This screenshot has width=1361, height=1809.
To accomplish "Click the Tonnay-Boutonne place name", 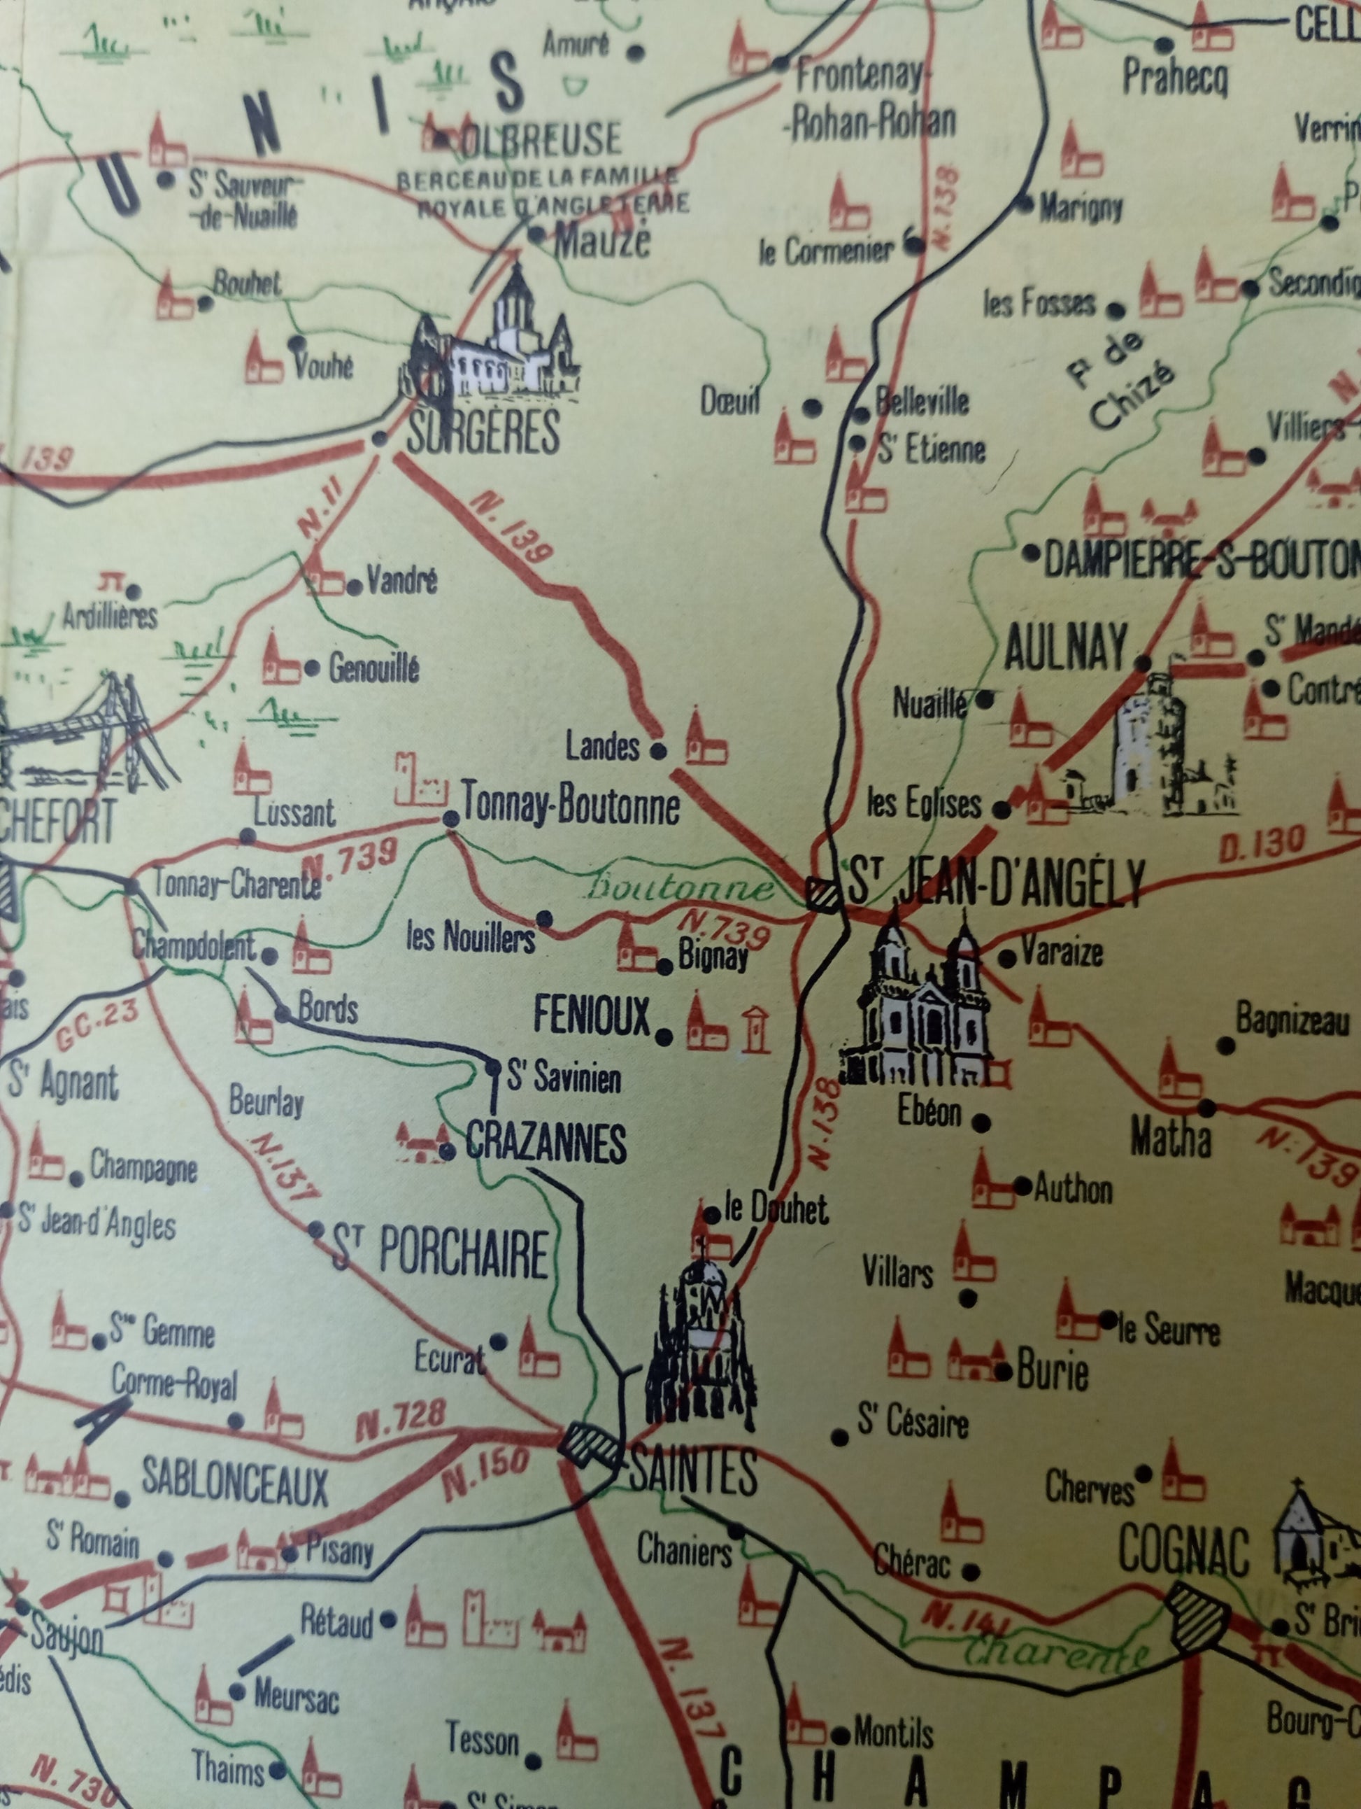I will coord(571,806).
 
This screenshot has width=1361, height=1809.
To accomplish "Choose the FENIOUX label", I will coord(592,1018).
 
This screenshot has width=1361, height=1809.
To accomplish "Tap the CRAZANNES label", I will coord(546,1143).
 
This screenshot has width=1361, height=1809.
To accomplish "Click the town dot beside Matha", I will coord(1206,1108).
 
